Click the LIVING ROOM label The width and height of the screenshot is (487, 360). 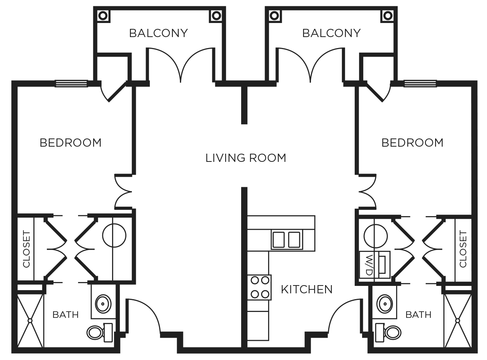click(x=246, y=158)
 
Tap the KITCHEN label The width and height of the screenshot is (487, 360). click(x=307, y=289)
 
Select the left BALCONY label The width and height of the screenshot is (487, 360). click(x=158, y=33)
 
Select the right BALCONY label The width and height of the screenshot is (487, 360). click(x=331, y=33)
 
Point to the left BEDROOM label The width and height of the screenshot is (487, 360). click(x=71, y=143)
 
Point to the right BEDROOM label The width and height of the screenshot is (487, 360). click(x=412, y=143)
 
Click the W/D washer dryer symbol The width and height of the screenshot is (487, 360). click(x=374, y=264)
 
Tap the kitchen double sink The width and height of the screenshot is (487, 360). click(x=286, y=239)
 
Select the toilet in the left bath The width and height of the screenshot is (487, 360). click(x=99, y=332)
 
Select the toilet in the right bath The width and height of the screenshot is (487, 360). click(x=388, y=332)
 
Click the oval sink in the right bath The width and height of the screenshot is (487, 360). click(x=385, y=303)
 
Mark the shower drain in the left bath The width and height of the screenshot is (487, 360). click(x=30, y=321)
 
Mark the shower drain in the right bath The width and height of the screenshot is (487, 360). click(x=458, y=321)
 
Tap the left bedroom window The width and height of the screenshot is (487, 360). click(x=71, y=83)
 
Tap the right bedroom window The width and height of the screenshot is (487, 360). click(x=420, y=83)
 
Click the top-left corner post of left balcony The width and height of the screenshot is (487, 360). click(x=103, y=16)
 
